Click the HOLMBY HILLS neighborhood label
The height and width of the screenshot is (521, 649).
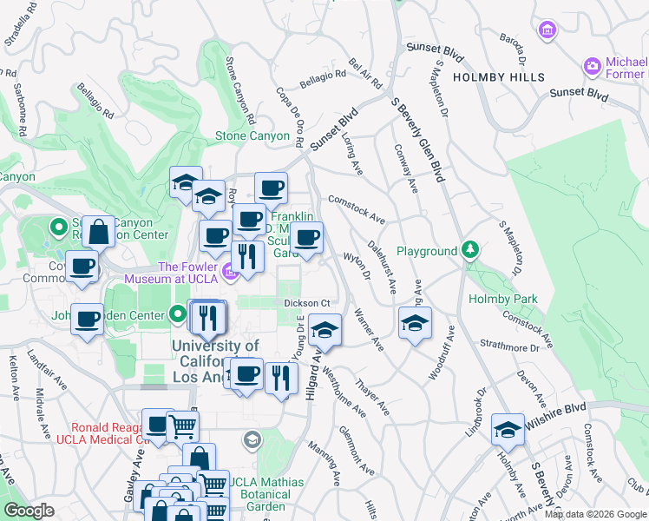click(499, 76)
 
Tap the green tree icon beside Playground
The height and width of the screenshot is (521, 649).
click(470, 251)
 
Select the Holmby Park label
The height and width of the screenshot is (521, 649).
click(502, 299)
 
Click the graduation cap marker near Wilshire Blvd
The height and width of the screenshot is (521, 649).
click(508, 429)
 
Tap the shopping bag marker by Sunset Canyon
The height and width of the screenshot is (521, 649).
click(99, 233)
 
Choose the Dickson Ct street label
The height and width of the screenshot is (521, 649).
click(308, 302)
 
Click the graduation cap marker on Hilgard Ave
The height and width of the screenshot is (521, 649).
click(324, 330)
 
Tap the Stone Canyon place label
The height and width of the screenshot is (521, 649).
click(252, 135)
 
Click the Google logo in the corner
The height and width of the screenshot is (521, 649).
click(29, 511)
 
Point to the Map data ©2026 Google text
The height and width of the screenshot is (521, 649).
click(595, 514)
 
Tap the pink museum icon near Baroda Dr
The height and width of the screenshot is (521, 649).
click(547, 31)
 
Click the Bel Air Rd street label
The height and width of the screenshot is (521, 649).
click(365, 74)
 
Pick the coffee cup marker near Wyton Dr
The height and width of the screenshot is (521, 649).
click(306, 238)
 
